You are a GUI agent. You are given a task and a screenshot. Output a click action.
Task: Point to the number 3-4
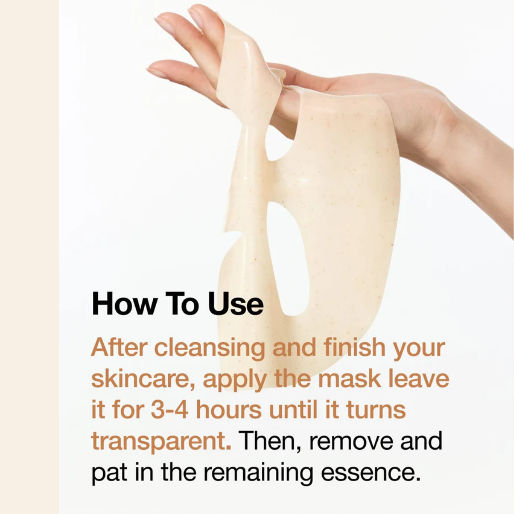[169, 410]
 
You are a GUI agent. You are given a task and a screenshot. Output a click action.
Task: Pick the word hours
[229, 409]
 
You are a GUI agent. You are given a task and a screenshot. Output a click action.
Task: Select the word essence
[371, 473]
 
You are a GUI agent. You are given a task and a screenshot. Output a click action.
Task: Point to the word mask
[349, 378]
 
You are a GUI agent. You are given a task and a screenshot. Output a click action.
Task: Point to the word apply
[234, 379]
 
